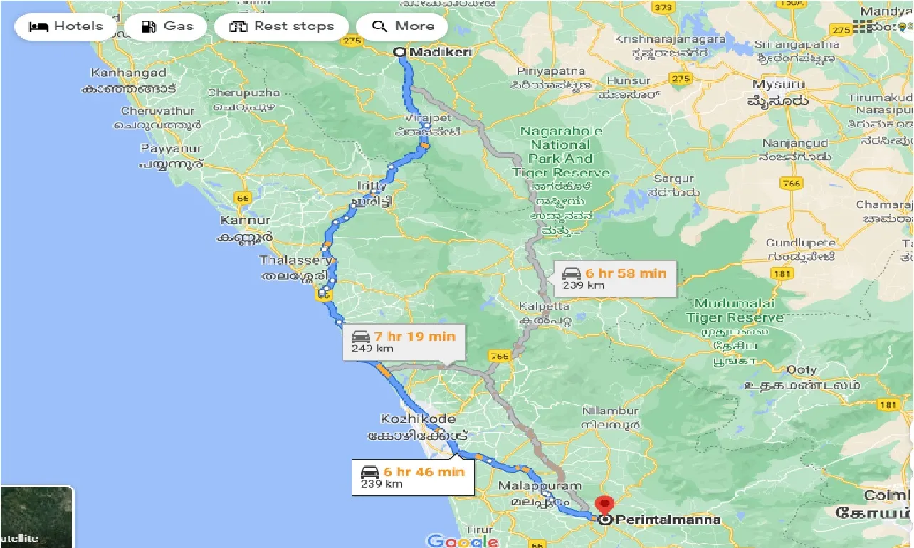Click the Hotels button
[65, 27]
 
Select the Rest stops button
[283, 27]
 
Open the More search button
[403, 27]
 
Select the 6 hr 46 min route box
[413, 477]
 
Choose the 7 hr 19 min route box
[404, 342]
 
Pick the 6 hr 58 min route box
[614, 278]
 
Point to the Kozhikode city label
[418, 419]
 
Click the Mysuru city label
[779, 85]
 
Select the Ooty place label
[802, 370]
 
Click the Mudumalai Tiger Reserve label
[735, 310]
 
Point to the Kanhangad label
[129, 73]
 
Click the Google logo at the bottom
[462, 541]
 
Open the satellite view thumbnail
[36, 517]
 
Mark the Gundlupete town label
[801, 243]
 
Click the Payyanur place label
[172, 149]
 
